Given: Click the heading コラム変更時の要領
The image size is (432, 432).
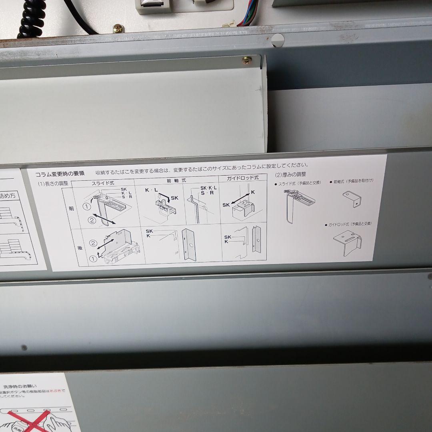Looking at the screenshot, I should click(x=60, y=174).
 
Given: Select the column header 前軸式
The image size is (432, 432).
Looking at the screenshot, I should click(x=176, y=180).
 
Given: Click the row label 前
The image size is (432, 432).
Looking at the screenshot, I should click(x=71, y=208).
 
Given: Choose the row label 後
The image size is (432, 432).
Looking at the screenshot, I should click(x=80, y=248).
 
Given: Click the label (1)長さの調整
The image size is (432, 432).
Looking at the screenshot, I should click(x=53, y=184).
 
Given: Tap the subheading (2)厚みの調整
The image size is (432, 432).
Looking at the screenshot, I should click(x=291, y=174).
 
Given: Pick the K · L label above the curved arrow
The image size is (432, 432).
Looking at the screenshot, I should click(x=151, y=190).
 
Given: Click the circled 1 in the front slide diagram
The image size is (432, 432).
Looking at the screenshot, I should click(x=87, y=207).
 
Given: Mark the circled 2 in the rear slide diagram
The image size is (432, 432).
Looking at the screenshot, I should click(x=93, y=243).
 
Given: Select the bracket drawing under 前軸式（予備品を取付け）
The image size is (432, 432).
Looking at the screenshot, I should click(x=352, y=199).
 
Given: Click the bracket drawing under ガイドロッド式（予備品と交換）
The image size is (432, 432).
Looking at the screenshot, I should click(x=347, y=242).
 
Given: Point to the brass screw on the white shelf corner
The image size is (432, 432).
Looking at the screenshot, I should click(x=247, y=60).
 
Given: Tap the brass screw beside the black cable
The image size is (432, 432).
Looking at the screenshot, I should click(x=118, y=28).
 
